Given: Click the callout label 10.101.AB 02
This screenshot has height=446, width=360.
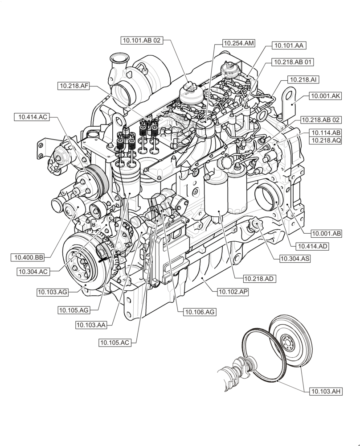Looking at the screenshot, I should (142, 41).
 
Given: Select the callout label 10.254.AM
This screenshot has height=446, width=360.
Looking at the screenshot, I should (238, 43).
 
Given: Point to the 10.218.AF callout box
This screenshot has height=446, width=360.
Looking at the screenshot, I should (74, 86).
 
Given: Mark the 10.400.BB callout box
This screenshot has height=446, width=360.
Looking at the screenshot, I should (29, 257).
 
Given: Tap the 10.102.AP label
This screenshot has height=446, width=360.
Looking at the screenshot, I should (233, 292).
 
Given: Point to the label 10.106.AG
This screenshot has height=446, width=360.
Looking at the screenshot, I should (200, 312).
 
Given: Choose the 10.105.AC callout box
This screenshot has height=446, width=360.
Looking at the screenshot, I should (115, 343).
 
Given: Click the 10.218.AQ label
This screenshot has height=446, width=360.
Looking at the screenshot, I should (326, 140).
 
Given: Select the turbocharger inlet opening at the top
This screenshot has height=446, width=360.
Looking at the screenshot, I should (119, 59).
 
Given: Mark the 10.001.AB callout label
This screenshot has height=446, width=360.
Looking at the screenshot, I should (326, 233).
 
